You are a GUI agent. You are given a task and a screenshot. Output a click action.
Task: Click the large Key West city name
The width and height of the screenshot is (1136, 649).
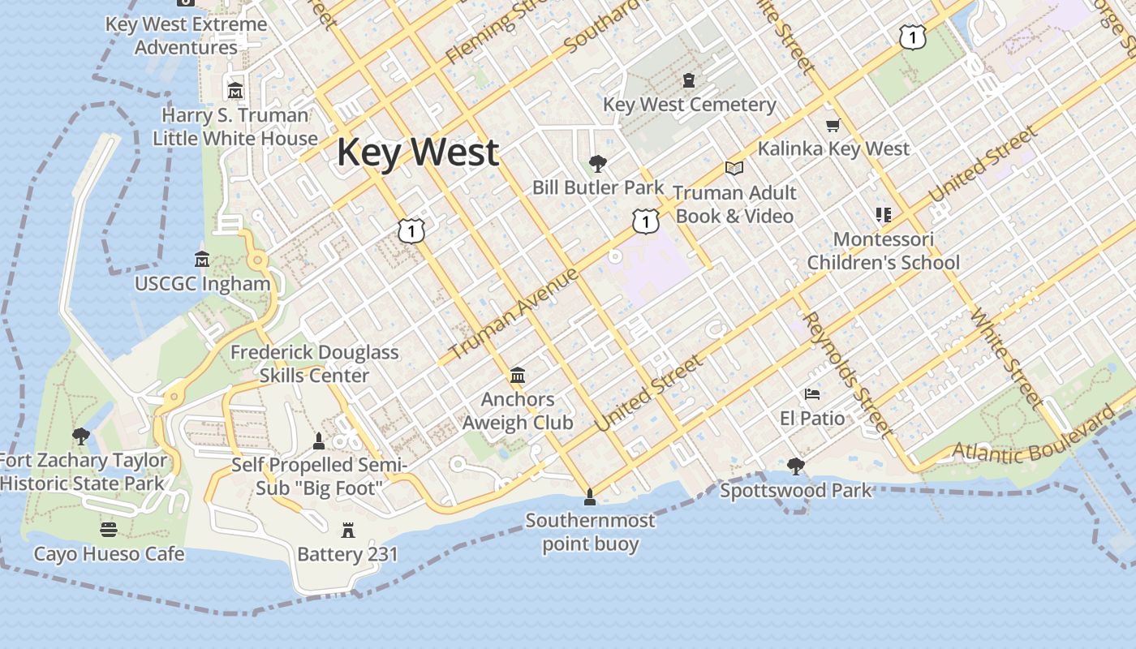point(418,153)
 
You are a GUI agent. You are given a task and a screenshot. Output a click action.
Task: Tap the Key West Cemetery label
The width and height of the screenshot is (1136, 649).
point(689,105)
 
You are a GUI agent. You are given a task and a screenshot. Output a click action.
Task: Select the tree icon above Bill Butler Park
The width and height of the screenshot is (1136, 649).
point(598,164)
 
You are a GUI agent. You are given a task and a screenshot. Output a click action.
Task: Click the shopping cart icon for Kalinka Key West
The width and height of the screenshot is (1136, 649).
point(833,125)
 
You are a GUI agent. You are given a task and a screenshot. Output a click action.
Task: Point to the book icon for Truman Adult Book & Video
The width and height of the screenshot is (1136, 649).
point(734,168)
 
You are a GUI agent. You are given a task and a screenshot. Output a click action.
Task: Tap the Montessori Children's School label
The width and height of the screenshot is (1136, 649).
point(883,251)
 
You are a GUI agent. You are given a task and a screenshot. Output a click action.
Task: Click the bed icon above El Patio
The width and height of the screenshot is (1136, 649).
point(812,394)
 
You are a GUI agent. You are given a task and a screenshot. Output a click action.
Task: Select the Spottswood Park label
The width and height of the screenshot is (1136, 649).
point(796,491)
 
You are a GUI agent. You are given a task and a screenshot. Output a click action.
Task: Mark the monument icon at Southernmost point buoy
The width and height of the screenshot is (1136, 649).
point(590,496)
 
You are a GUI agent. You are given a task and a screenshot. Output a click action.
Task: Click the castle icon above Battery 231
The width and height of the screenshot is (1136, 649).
point(348,531)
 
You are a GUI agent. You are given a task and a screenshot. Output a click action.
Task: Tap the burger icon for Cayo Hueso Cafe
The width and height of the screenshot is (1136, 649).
point(109,530)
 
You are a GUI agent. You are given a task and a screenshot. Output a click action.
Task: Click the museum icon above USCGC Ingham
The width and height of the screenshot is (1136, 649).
point(202,260)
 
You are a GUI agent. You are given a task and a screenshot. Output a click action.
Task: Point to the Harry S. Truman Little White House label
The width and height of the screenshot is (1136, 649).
point(235,127)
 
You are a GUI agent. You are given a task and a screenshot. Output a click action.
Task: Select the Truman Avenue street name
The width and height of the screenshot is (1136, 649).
point(513,313)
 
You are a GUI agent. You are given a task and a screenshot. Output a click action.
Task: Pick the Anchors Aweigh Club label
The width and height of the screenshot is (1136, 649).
point(518,411)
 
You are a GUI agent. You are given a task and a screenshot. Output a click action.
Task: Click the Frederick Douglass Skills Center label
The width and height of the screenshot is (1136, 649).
point(315,364)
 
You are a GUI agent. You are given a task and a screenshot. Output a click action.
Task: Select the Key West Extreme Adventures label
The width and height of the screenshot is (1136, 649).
point(187,36)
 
